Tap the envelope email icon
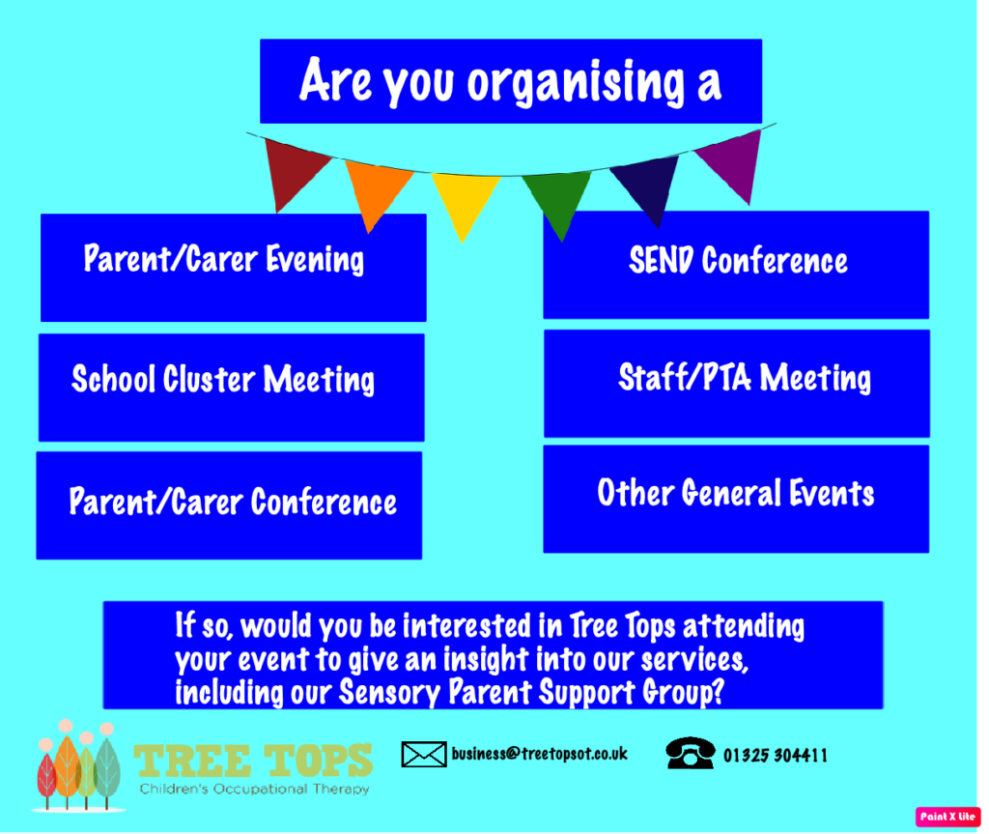click(424, 755)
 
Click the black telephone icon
click(690, 753)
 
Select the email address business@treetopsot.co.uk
click(539, 753)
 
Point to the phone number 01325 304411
click(776, 755)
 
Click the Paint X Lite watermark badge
click(947, 817)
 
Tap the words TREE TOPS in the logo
click(253, 761)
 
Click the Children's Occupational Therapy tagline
click(254, 790)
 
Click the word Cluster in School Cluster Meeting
click(209, 379)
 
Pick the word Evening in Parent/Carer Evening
click(315, 260)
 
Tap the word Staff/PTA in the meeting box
click(685, 378)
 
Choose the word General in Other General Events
click(732, 493)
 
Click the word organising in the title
click(577, 82)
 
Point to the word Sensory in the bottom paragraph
click(390, 692)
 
